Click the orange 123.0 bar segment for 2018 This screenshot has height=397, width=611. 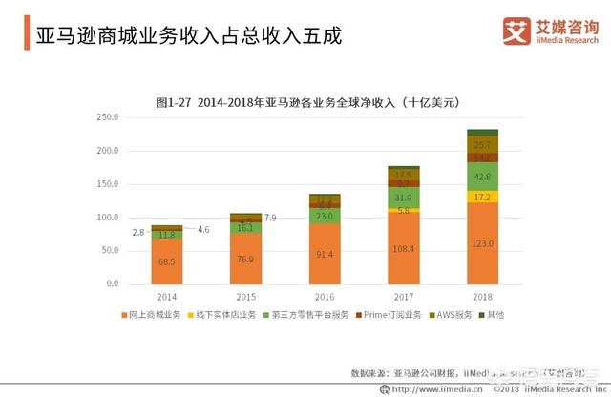(x=482, y=243)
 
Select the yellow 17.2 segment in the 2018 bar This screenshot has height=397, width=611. (x=482, y=196)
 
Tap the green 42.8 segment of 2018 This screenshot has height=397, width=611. (x=482, y=176)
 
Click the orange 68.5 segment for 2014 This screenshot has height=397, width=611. (x=166, y=261)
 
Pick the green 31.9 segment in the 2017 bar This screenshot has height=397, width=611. (x=404, y=198)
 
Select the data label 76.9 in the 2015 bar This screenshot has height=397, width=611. (x=245, y=259)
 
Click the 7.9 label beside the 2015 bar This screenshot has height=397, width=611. (x=270, y=219)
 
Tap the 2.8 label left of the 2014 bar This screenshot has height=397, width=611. (x=138, y=232)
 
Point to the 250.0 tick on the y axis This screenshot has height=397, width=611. (x=107, y=117)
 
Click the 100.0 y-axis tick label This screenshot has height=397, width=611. (x=107, y=218)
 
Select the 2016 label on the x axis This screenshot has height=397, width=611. (x=325, y=297)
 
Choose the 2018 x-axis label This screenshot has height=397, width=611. (x=482, y=297)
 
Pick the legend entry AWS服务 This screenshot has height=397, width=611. (x=452, y=315)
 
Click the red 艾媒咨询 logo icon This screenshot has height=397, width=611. (x=517, y=31)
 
